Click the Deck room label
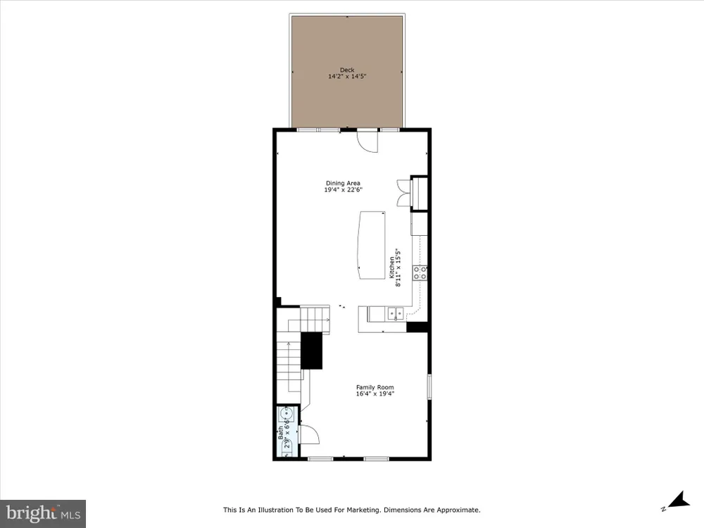pos(347,70)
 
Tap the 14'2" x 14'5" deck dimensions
pos(347,76)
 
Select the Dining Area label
pos(343,183)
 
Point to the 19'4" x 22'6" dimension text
pos(343,190)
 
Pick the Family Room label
pos(375,387)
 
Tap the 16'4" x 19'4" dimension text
pos(375,394)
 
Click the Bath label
pos(281,433)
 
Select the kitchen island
pos(372,245)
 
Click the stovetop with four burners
pos(420,272)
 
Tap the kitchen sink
pos(396,313)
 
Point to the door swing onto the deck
pos(367,141)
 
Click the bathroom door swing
pos(310,434)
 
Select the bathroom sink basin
pos(287,413)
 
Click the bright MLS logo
pos(43,514)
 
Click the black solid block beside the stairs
pos(311,351)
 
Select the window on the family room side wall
pos(429,386)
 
